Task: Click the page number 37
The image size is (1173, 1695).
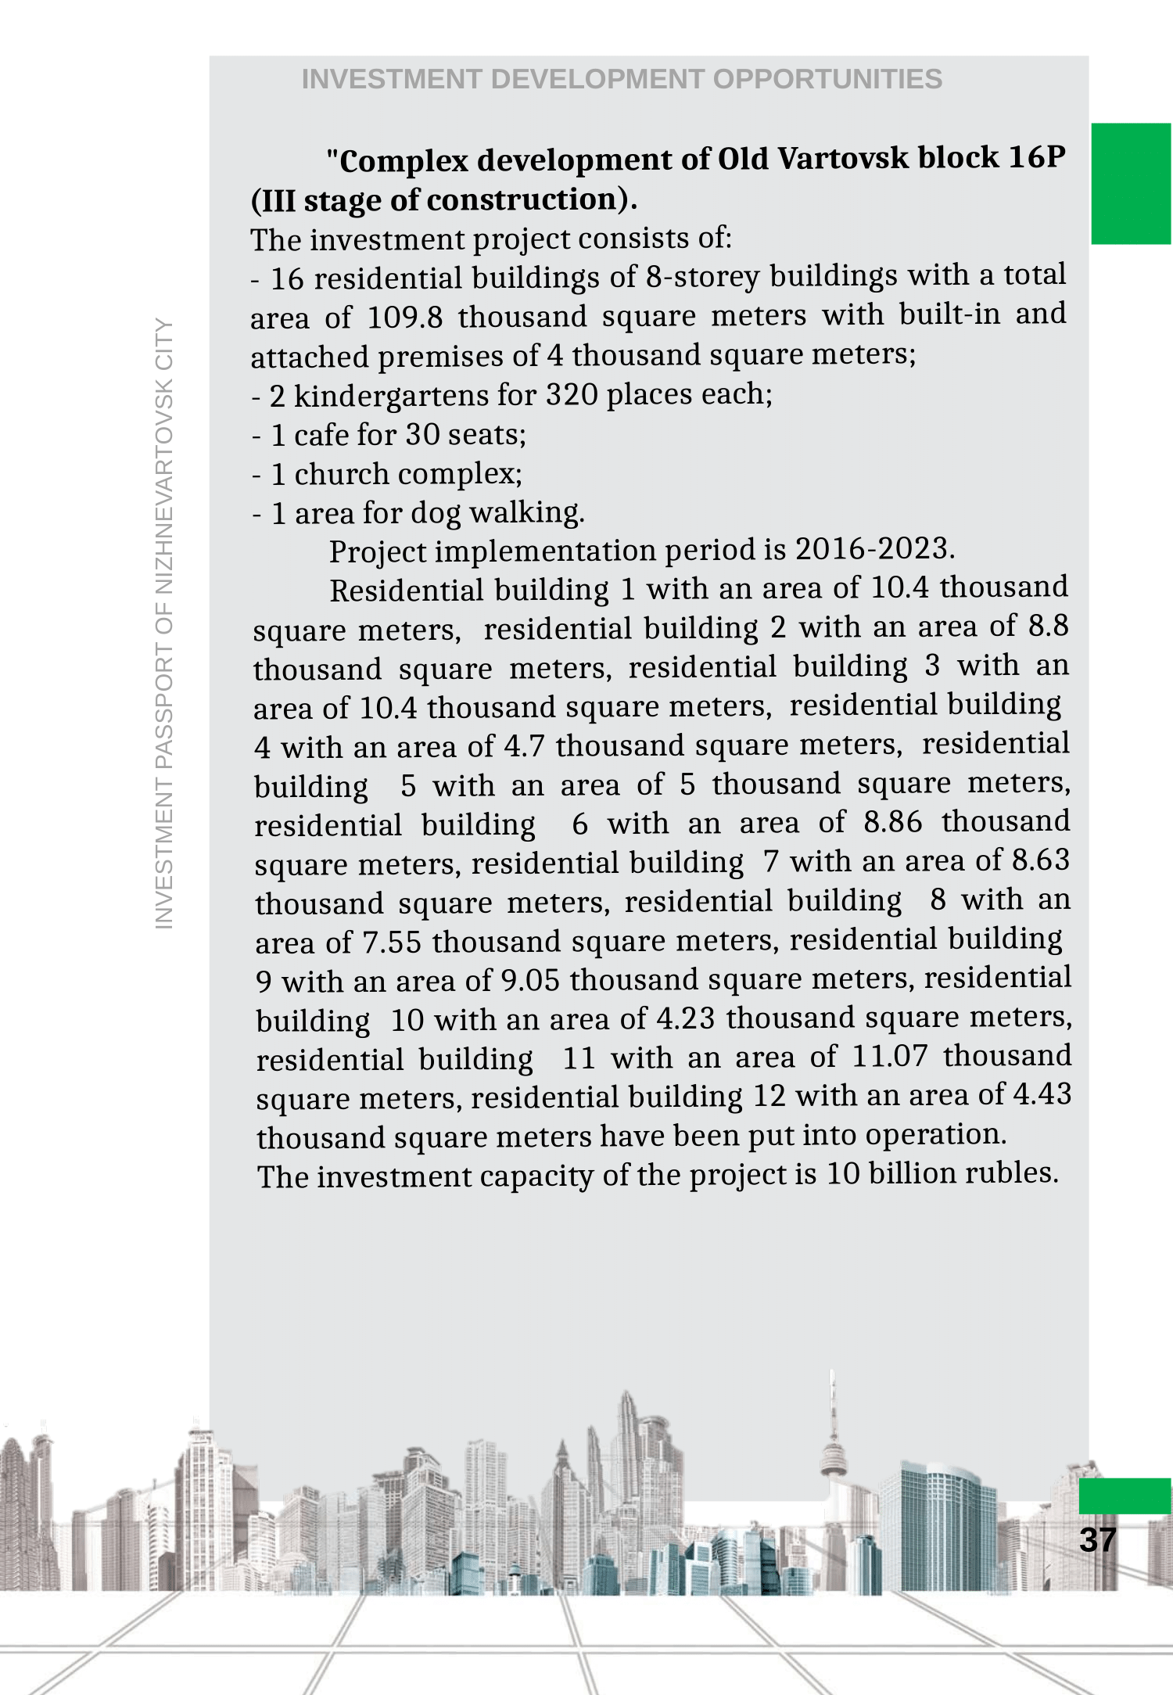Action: (1097, 1539)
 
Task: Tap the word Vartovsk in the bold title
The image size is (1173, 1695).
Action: (843, 158)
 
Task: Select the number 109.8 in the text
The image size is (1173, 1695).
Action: (404, 317)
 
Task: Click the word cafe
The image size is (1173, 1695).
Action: (323, 434)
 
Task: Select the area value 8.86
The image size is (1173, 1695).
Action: (892, 822)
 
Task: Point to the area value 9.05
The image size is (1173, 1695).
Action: (529, 980)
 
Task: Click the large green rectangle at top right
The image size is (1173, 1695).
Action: (1131, 184)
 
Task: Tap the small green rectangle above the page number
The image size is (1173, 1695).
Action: (1125, 1495)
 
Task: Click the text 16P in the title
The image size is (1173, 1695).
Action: (1036, 157)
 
